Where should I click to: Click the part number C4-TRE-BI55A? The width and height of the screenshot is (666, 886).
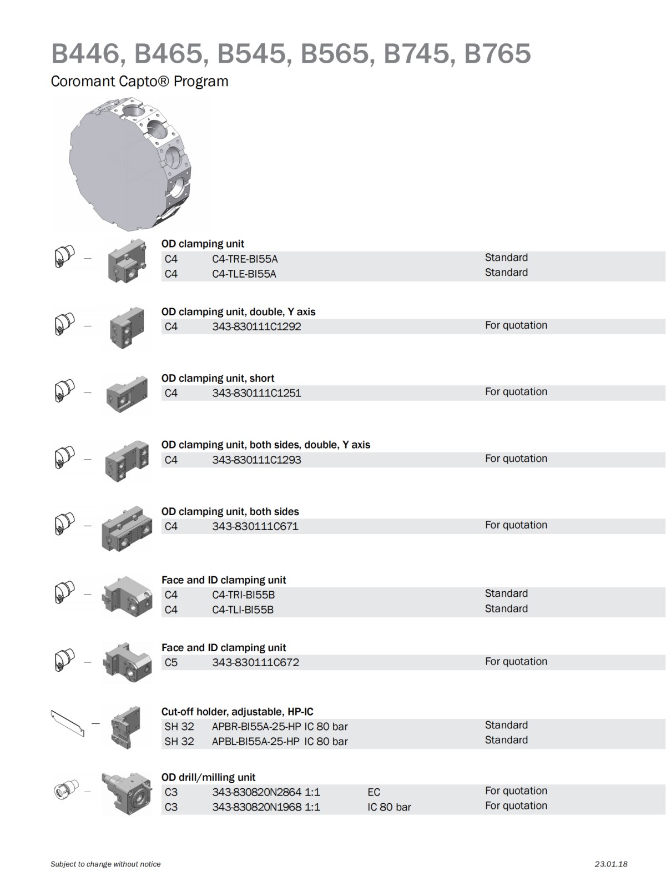tap(245, 259)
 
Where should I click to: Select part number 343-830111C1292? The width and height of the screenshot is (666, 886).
tap(256, 327)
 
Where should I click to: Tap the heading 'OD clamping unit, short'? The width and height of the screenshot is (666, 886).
tap(218, 379)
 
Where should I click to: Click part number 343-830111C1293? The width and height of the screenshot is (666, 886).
tap(256, 460)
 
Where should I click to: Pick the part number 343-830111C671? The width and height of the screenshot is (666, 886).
tap(255, 527)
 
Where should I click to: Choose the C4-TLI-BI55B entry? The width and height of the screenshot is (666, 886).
tap(243, 610)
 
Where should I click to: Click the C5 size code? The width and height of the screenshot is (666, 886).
tap(171, 663)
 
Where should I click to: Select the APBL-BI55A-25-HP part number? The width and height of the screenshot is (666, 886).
tap(255, 742)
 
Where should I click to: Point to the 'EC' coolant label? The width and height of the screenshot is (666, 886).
tap(374, 793)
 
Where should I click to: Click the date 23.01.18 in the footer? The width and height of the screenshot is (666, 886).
tap(610, 864)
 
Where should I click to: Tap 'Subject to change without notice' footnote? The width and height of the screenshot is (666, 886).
tap(105, 864)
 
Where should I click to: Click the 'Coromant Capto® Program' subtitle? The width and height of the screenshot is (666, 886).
tap(139, 82)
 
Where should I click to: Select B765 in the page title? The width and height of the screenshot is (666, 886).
tap(497, 54)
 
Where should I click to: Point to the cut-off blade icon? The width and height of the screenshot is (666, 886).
tap(68, 723)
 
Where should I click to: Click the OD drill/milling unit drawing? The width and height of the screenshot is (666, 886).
tap(127, 794)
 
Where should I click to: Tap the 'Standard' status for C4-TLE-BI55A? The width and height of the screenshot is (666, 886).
tap(506, 273)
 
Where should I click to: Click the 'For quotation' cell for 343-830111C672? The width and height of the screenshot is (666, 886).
tap(516, 662)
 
